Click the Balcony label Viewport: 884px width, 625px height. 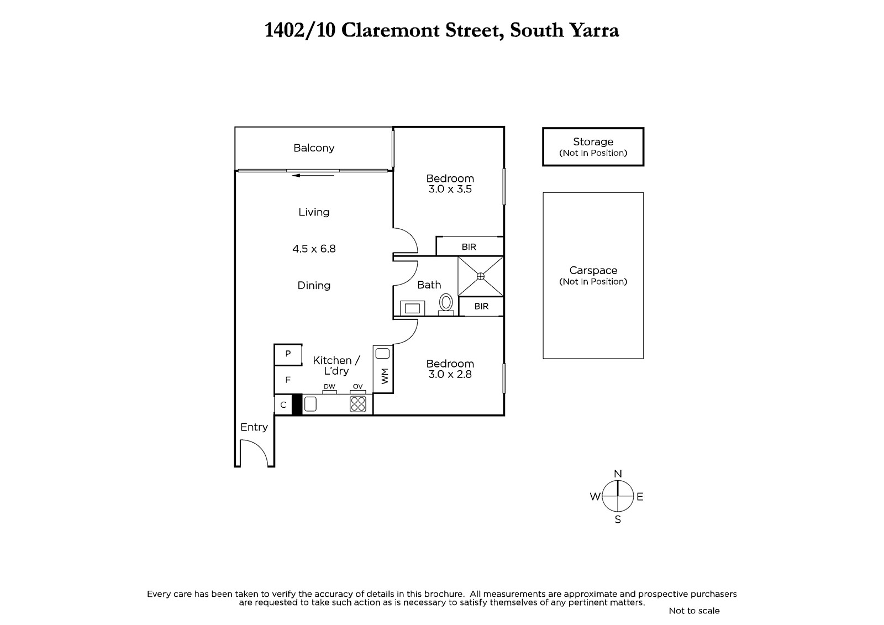click(x=314, y=148)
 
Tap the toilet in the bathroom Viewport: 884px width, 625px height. click(x=446, y=304)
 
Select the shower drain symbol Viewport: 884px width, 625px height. click(x=480, y=276)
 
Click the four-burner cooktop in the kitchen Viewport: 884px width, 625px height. click(x=358, y=404)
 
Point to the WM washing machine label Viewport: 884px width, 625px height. click(x=385, y=376)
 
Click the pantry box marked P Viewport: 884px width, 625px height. click(x=288, y=354)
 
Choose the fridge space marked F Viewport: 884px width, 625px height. click(x=288, y=380)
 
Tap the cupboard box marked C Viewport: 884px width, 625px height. click(x=283, y=405)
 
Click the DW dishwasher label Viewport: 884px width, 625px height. click(x=329, y=386)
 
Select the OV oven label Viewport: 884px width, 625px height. click(x=357, y=386)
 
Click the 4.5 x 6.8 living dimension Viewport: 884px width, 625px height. click(x=314, y=249)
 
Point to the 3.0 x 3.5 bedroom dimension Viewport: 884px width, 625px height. click(x=450, y=189)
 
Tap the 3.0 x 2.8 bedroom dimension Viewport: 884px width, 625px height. click(x=450, y=374)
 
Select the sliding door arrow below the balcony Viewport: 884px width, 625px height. click(x=313, y=175)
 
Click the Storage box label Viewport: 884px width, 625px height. click(x=593, y=141)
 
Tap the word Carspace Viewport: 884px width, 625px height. click(x=593, y=271)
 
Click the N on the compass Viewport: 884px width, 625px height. click(x=618, y=474)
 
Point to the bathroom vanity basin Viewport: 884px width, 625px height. click(x=412, y=308)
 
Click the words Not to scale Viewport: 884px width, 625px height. click(x=694, y=611)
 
